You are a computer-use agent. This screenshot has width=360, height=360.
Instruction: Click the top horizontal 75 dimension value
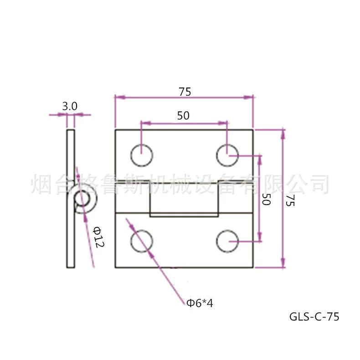185,92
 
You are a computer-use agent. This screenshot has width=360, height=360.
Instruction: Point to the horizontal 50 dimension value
183,115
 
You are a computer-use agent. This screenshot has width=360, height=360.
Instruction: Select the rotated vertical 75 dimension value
290,201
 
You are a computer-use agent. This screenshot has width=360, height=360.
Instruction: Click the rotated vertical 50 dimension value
266,199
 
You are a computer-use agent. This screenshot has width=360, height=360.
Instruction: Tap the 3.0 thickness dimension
70,106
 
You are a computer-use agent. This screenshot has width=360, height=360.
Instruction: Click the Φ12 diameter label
99,237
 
